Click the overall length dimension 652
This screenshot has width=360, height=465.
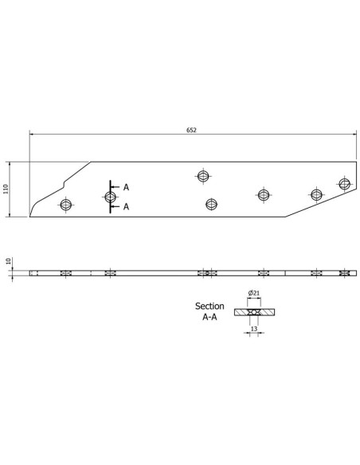(x=191, y=130)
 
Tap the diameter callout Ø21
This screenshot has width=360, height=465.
(x=252, y=294)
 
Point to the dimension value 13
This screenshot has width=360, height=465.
(x=252, y=326)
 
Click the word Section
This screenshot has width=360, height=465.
(x=209, y=306)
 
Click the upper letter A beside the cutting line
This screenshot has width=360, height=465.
(x=126, y=187)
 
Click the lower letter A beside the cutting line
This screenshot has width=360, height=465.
(x=126, y=206)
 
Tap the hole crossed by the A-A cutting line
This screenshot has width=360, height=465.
(x=110, y=197)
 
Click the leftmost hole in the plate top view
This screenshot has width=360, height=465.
(x=66, y=205)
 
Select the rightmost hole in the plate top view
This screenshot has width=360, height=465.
(x=344, y=185)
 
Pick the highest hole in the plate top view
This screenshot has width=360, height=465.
(x=203, y=175)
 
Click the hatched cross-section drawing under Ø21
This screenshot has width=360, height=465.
(x=252, y=311)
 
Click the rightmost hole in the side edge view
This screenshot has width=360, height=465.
(x=344, y=273)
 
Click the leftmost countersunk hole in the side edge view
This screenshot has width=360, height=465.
(x=66, y=273)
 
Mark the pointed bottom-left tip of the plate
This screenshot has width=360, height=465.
(x=30, y=215)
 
